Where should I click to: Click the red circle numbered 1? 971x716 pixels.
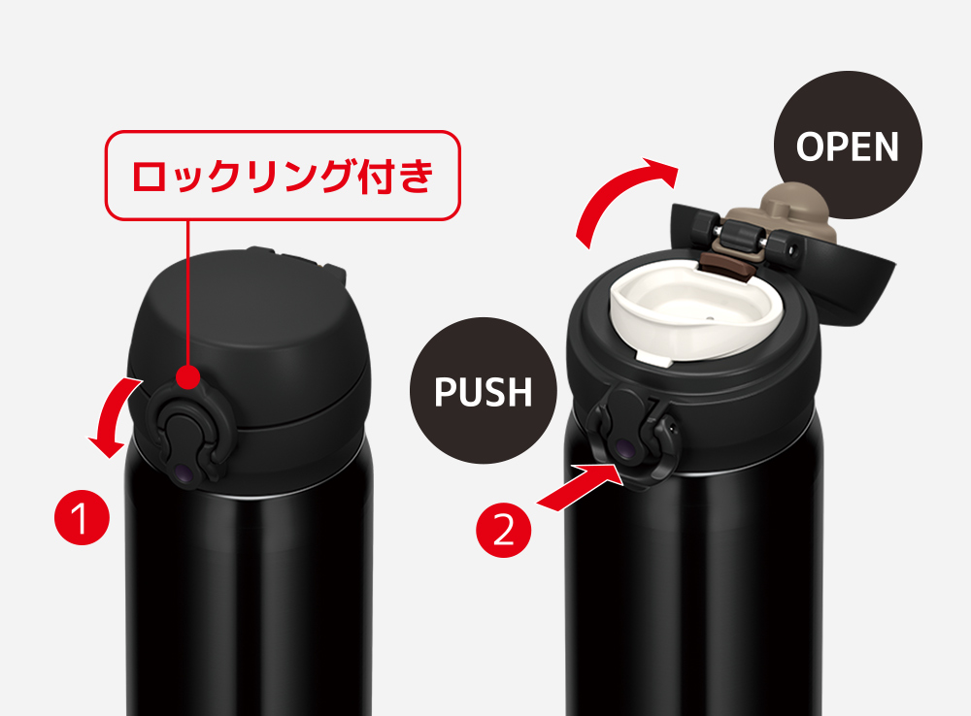point(82,517)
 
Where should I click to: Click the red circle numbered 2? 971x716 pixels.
point(503,530)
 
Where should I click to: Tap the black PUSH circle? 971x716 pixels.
point(483,390)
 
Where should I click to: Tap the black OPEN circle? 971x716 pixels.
point(848,146)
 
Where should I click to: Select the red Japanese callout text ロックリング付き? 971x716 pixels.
point(283,176)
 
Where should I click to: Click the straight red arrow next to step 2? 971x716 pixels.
point(579,488)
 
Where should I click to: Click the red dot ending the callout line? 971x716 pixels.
point(187,376)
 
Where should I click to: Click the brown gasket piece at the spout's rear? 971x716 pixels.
point(725,265)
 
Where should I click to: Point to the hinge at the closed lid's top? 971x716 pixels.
point(296,260)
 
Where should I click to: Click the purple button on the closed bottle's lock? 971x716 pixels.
point(184,472)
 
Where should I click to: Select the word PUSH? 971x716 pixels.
point(483,391)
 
